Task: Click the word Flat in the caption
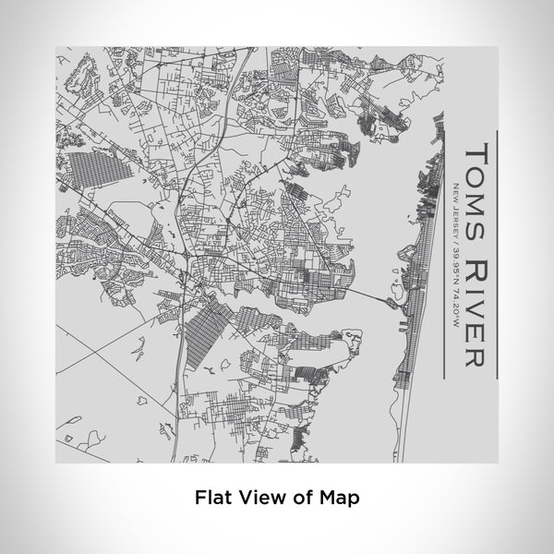tap(212, 497)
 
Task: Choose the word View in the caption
tap(259, 497)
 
